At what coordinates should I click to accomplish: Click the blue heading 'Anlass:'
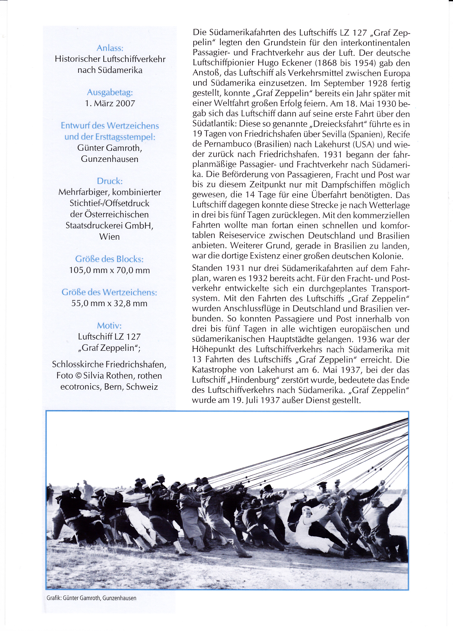[x=110, y=48]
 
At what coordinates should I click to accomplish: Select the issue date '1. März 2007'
[x=110, y=103]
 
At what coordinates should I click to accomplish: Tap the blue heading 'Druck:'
[x=110, y=181]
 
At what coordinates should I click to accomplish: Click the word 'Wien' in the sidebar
[x=109, y=237]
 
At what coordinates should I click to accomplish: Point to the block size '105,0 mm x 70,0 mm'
[x=109, y=270]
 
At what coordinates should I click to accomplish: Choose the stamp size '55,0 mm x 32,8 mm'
[x=109, y=303]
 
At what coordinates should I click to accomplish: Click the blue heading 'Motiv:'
[x=109, y=326]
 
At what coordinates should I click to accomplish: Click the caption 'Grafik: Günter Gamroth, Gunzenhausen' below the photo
[x=92, y=598]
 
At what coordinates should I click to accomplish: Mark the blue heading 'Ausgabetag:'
[x=110, y=92]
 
